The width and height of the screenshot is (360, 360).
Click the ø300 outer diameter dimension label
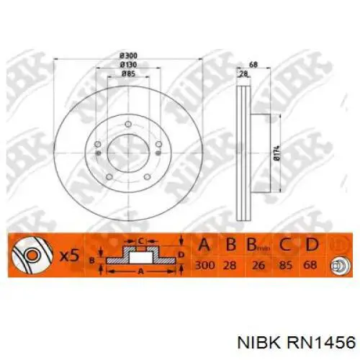pos(128,56)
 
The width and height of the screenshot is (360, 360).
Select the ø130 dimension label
pos(128,65)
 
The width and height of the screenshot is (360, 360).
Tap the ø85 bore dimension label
pos(128,73)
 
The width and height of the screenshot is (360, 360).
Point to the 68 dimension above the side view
pos(253,65)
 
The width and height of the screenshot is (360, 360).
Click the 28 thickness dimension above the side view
pos(243,74)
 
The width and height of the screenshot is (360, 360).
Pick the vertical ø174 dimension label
pos(276,153)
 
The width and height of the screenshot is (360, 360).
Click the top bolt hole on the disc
pos(128,125)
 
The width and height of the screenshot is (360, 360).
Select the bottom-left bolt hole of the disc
pos(109,177)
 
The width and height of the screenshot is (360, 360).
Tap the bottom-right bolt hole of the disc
pos(148,177)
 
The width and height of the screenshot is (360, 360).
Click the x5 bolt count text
pos(69,256)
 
